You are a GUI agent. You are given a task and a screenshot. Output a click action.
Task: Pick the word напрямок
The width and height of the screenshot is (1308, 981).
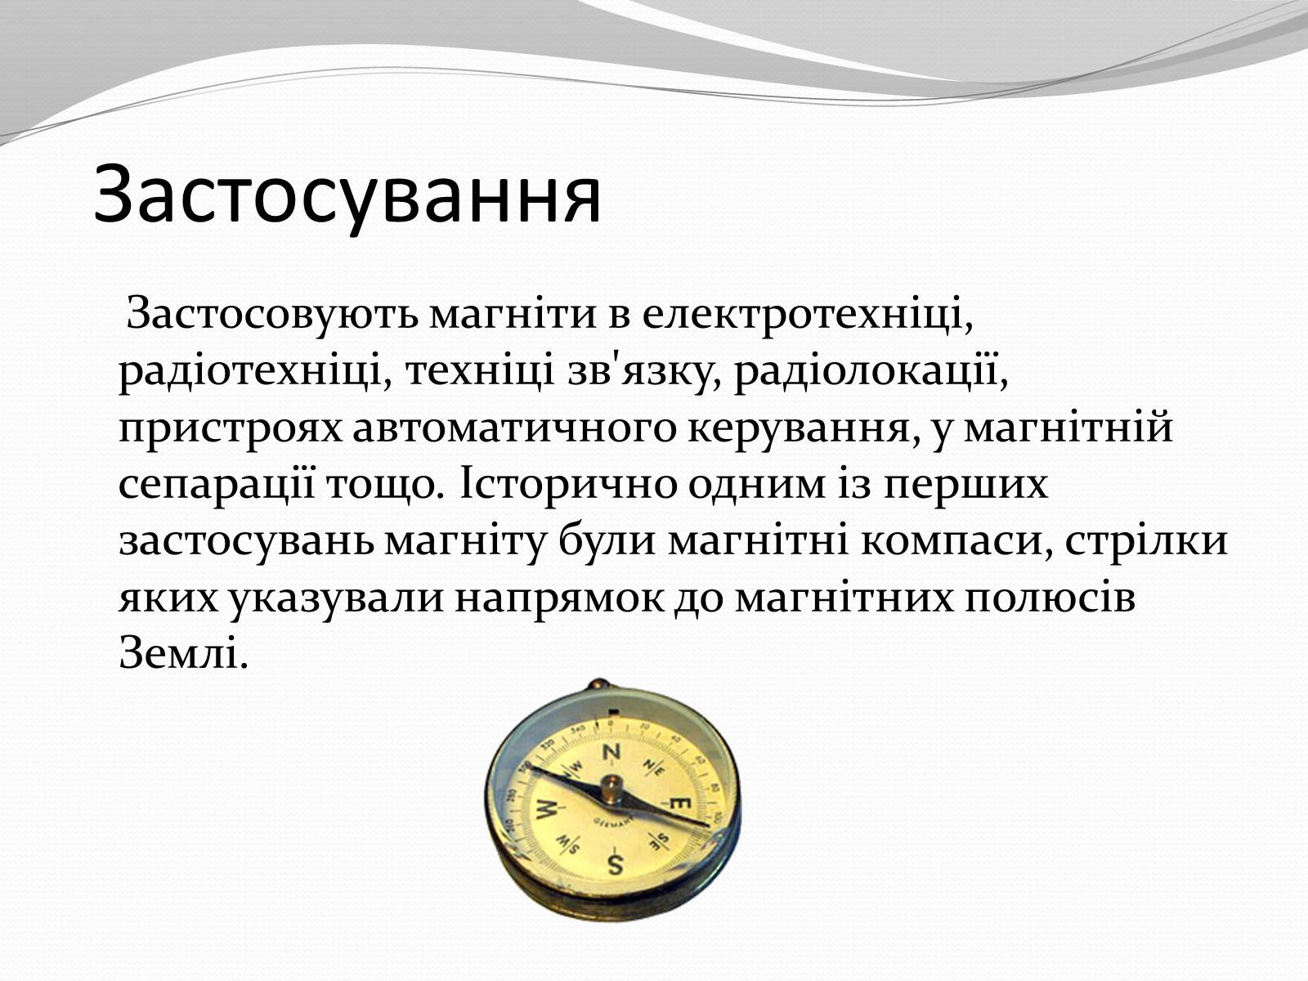click(559, 598)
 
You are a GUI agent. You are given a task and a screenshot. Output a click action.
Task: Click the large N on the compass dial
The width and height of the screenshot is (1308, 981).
click(610, 752)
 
